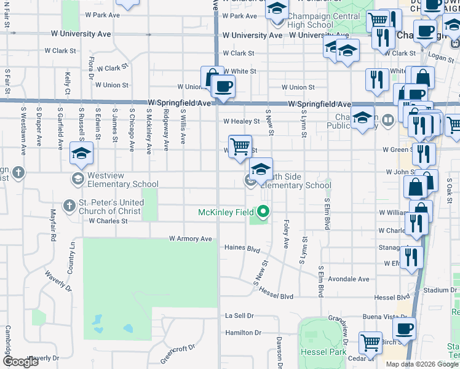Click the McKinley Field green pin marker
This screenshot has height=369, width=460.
[x=264, y=212]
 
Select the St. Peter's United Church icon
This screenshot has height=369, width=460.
[x=69, y=204]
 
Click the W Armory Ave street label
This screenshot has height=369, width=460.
[x=190, y=239]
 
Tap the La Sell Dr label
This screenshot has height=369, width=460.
[x=239, y=315]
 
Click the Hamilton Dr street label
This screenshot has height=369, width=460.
[x=243, y=332]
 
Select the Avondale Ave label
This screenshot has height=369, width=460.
[x=348, y=279]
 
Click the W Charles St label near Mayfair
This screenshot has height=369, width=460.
[x=108, y=221]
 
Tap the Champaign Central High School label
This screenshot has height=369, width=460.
[x=311, y=20]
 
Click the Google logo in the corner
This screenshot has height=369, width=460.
[x=20, y=362]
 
